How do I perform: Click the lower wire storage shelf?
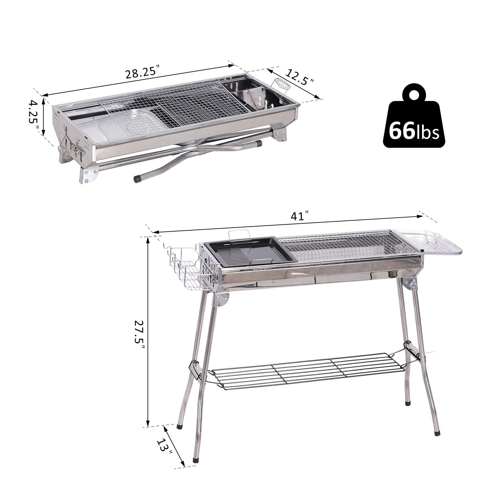click(x=308, y=369)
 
